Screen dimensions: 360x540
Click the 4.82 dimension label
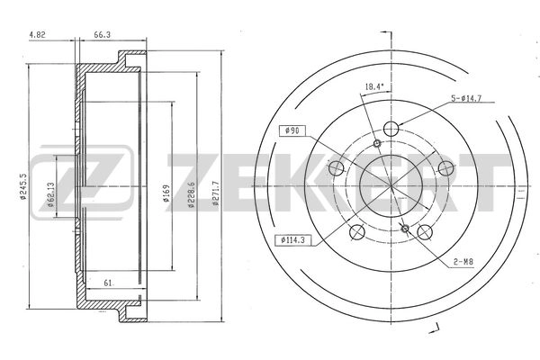(x=38, y=34)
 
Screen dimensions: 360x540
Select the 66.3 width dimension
(x=102, y=34)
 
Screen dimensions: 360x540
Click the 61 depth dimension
(x=108, y=284)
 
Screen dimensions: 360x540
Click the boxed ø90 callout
(x=292, y=131)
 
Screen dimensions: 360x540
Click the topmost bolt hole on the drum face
(x=390, y=128)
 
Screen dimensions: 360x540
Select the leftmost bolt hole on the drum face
(x=337, y=167)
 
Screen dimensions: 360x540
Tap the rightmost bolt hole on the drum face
(x=444, y=166)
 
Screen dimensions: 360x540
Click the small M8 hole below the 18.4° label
(x=378, y=144)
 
